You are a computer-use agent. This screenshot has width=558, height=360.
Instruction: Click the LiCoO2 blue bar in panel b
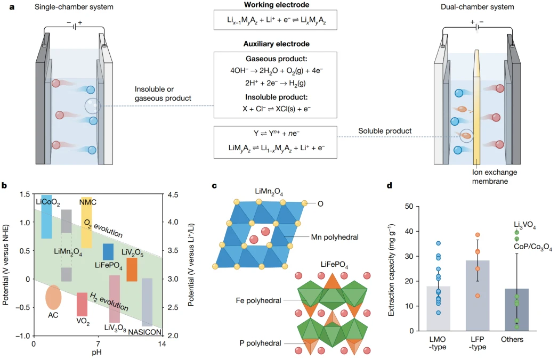(46, 217)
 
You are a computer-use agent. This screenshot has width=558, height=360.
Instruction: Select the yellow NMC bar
(86, 222)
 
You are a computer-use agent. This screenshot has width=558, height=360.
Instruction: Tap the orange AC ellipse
(53, 297)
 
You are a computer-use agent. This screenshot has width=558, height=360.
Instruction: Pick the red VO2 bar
(82, 305)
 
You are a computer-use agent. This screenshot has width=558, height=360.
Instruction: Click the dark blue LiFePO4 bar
(108, 252)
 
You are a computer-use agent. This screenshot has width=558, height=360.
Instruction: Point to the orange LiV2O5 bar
(132, 269)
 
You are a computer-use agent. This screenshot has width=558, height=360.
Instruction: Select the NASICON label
(145, 332)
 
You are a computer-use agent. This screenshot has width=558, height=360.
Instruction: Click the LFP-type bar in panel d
(478, 296)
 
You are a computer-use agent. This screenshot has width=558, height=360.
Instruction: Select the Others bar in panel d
(517, 310)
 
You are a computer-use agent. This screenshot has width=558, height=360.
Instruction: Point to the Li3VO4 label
(524, 225)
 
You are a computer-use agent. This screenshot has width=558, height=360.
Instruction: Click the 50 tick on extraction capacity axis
(409, 206)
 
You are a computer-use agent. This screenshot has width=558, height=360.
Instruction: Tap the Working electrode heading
(277, 5)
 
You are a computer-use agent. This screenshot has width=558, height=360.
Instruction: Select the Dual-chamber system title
(477, 7)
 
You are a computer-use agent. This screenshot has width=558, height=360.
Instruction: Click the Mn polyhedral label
(335, 238)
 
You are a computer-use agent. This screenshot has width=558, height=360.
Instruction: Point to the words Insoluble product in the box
(276, 97)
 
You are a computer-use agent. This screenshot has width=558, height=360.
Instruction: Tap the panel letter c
(214, 186)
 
